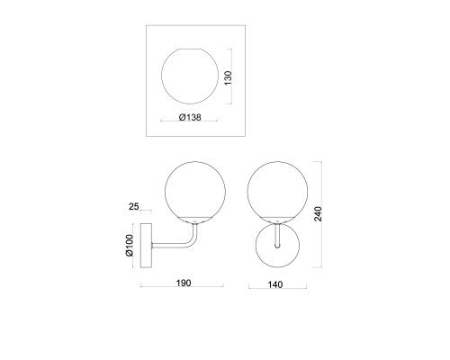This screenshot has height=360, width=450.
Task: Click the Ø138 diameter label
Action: coord(190,117)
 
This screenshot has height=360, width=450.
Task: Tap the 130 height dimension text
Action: coord(229,78)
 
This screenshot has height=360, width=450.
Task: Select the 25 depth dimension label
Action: coord(134,206)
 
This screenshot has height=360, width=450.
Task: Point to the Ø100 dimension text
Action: coord(130,246)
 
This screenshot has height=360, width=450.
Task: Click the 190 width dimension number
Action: coord(184,283)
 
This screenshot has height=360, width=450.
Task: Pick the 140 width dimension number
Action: coord(275,284)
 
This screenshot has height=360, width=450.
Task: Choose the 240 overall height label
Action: coord(318,214)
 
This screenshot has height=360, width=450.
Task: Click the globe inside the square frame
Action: coord(162,76)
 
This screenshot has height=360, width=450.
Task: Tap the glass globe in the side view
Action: coord(166,192)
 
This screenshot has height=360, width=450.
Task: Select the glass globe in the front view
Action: coord(247,192)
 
